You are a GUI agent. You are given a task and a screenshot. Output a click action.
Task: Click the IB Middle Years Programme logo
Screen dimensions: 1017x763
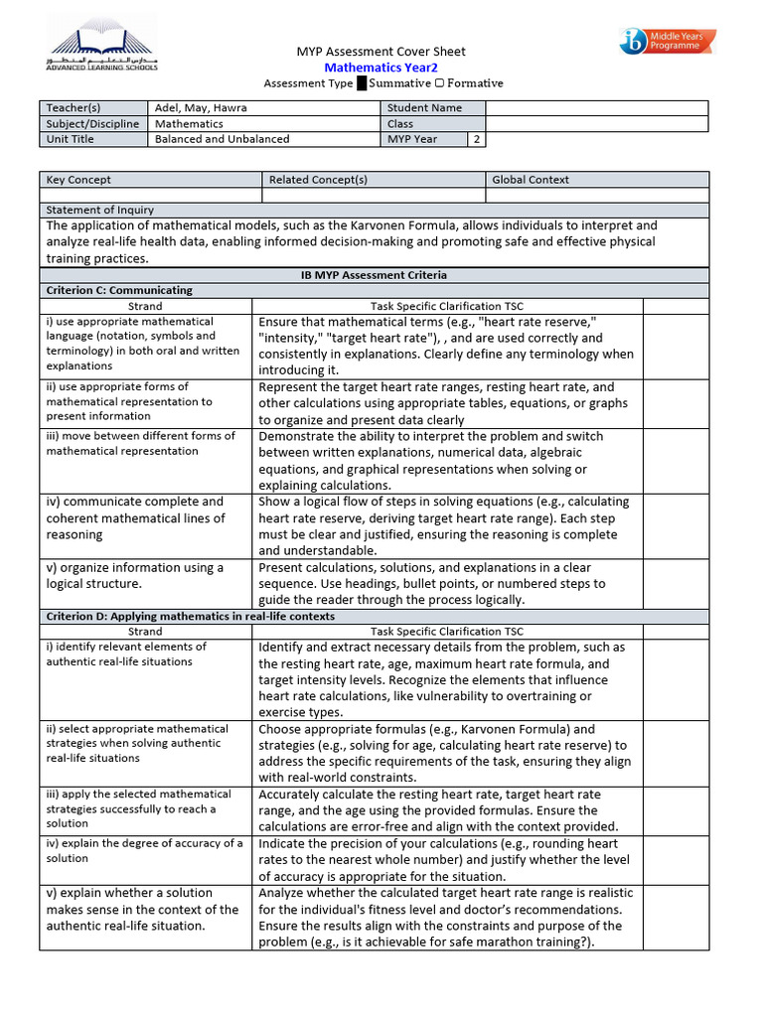click(667, 42)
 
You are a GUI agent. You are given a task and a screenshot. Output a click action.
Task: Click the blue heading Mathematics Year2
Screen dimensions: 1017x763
click(381, 68)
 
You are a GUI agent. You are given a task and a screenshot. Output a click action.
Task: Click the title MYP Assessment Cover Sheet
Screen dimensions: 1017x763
click(381, 52)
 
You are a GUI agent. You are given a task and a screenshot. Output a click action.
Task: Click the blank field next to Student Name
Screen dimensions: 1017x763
click(596, 108)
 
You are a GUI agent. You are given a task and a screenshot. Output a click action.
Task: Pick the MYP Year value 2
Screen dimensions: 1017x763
click(476, 139)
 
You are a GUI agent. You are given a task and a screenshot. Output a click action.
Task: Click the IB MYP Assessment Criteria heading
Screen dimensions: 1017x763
click(374, 275)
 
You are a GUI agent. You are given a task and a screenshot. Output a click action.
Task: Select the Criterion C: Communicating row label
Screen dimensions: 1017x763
click(119, 290)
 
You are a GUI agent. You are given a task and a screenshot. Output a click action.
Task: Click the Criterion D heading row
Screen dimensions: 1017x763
click(189, 616)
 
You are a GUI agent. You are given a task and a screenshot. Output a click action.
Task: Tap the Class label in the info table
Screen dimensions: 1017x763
click(400, 124)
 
